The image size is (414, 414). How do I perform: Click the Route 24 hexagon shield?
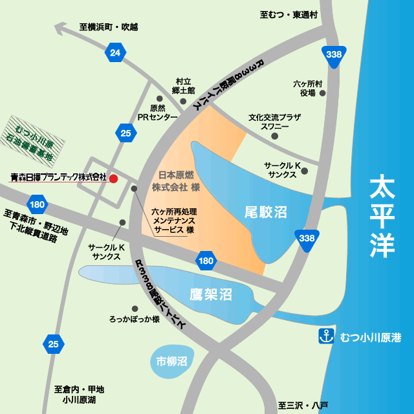point(114,53)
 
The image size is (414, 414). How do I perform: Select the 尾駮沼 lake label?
point(266,212)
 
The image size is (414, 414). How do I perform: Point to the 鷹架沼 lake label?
point(211,295)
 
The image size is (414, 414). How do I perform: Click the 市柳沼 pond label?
point(171,361)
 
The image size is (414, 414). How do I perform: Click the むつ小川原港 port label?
point(371,337)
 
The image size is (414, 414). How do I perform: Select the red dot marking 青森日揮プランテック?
point(113,178)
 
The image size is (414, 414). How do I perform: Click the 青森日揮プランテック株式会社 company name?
point(58,177)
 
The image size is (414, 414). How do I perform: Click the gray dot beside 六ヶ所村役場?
point(323,93)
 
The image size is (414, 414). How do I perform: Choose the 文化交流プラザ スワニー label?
point(275,122)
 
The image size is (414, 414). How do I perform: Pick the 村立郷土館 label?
point(184,86)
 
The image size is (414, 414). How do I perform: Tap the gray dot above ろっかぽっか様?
point(135,309)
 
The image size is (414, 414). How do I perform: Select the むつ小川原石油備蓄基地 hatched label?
point(38,134)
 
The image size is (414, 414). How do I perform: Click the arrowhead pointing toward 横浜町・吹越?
point(60,28)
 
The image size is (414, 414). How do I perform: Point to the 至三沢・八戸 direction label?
point(303,406)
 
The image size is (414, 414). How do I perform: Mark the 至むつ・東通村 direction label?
point(289,14)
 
